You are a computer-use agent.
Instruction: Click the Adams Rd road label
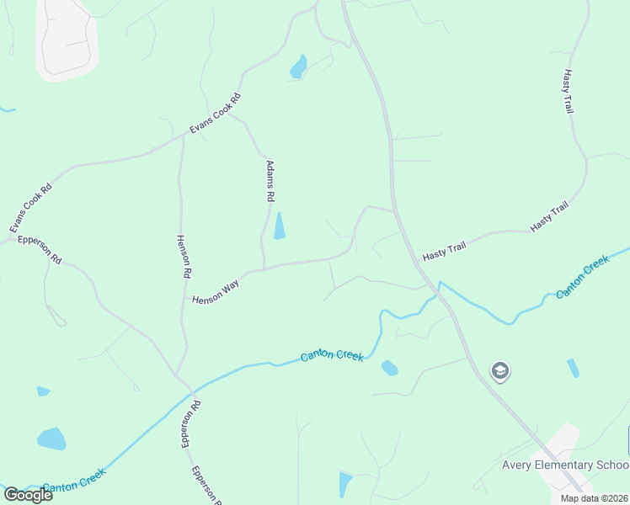(x=270, y=181)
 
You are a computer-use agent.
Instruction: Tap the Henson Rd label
(x=183, y=257)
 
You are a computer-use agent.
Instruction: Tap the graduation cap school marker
(x=500, y=371)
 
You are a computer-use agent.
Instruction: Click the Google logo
(x=28, y=495)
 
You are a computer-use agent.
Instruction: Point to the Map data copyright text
(x=593, y=498)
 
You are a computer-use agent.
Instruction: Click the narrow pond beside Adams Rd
(x=279, y=226)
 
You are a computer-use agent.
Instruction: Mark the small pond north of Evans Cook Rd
(x=298, y=66)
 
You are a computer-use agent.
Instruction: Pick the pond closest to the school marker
(x=574, y=368)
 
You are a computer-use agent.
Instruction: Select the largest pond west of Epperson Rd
(x=51, y=439)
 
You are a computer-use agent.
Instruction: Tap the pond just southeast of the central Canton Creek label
(x=389, y=368)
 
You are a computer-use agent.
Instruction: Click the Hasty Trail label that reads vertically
(x=568, y=92)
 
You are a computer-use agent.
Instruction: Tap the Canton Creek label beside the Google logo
(x=73, y=486)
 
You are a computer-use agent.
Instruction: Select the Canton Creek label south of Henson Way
(x=332, y=356)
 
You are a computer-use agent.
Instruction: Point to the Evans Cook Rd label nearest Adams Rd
(x=215, y=113)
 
